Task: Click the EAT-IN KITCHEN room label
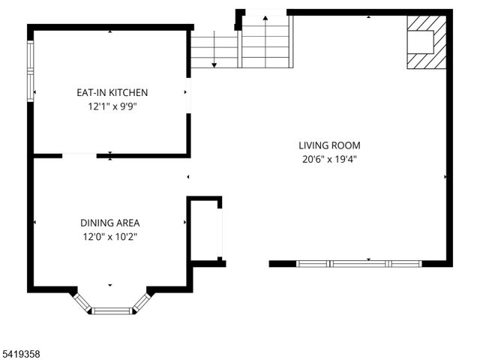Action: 112,92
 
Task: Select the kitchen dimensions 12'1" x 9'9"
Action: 112,106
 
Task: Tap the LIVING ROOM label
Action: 329,145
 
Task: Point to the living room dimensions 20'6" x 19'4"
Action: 329,160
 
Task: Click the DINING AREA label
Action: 110,223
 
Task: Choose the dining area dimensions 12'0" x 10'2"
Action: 110,237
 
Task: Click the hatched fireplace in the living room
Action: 426,43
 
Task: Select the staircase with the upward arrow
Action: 265,41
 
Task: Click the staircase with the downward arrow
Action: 214,49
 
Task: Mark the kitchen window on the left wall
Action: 31,70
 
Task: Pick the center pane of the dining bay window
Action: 112,310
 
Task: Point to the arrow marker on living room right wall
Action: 445,178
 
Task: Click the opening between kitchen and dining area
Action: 79,155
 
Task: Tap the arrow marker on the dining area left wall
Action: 35,223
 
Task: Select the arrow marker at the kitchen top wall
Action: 110,31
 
